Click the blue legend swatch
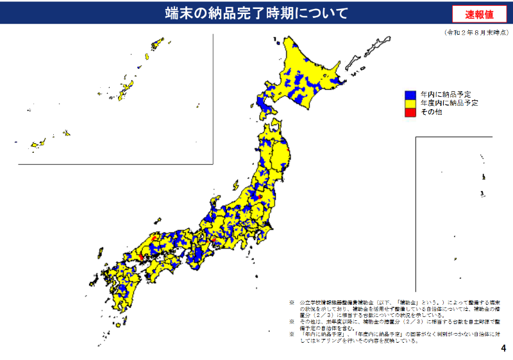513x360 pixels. pyautogui.click(x=410, y=94)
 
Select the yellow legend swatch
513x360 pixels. pyautogui.click(x=410, y=103)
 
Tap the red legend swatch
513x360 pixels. pyautogui.click(x=410, y=112)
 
